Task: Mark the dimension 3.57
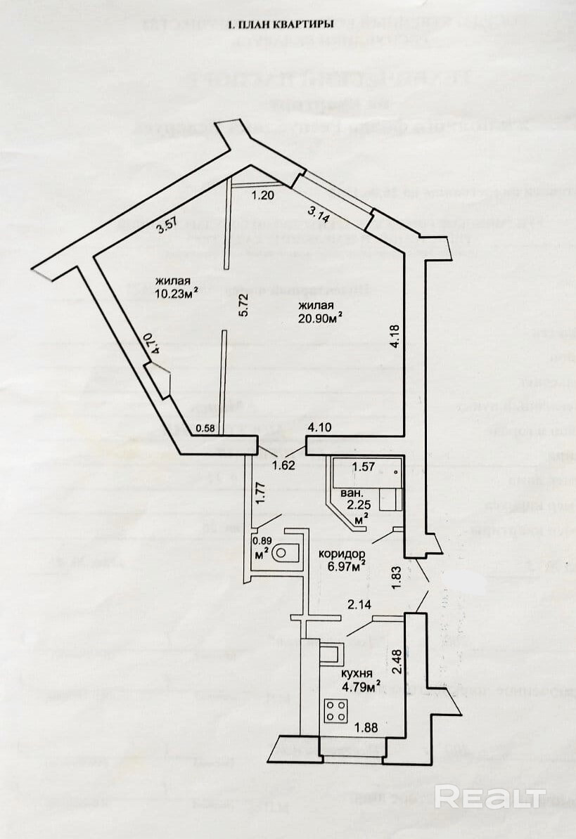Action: [x=165, y=227]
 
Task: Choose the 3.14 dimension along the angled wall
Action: [x=320, y=214]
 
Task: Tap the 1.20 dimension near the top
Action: [x=262, y=195]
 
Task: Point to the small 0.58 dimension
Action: [x=205, y=428]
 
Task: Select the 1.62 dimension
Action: [x=283, y=464]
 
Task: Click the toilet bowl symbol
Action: [x=286, y=552]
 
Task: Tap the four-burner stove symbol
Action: [x=335, y=712]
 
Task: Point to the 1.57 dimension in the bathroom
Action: [x=362, y=467]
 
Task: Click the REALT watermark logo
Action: [x=489, y=797]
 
